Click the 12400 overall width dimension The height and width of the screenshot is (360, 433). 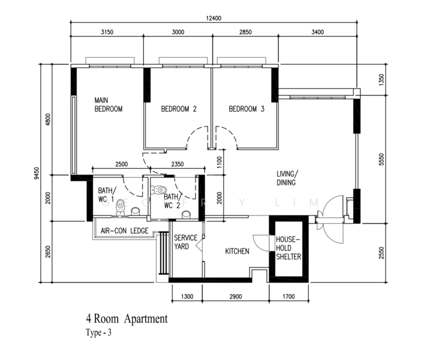214,18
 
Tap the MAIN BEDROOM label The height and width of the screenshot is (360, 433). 108,104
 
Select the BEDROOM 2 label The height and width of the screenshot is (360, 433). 179,109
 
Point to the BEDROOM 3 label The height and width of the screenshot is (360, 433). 246,109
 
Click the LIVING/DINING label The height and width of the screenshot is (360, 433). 287,178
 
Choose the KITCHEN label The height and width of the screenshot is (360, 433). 237,251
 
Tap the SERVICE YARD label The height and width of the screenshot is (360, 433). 185,242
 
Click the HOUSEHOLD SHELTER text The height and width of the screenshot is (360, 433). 288,248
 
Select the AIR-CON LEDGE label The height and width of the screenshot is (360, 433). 125,230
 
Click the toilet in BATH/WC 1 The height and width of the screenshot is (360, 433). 121,207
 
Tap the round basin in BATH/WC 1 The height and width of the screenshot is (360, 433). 136,211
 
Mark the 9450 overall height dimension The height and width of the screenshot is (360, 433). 37,173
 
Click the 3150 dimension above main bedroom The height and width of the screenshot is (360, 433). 107,32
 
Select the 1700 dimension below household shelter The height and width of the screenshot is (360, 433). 288,297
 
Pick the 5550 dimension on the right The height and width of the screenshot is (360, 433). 381,160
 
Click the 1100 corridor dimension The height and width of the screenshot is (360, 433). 219,162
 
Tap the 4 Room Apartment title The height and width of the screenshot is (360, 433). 127,319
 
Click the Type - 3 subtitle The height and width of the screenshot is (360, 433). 98,332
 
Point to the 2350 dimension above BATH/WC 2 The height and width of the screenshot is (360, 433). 178,164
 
